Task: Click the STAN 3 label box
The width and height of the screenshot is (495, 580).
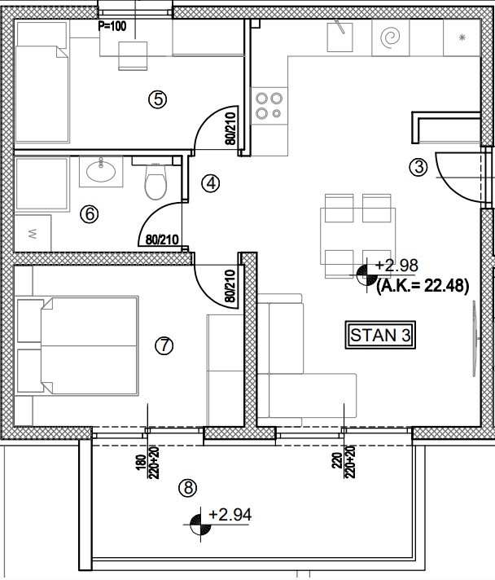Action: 380,335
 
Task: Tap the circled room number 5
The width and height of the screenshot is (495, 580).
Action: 158,99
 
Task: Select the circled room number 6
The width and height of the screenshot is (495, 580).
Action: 90,214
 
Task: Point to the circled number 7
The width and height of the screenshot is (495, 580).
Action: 164,346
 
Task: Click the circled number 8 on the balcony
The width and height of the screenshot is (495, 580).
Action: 188,488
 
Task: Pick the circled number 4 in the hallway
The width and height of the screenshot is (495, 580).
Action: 211,183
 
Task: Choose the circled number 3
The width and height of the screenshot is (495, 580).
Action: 418,167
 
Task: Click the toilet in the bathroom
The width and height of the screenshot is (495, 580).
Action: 156,182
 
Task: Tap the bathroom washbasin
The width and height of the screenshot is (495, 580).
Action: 101,171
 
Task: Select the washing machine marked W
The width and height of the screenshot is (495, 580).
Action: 33,234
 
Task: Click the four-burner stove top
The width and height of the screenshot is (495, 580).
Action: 269,106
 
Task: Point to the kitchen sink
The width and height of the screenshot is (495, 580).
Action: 340,37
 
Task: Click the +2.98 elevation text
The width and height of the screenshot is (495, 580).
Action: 396,266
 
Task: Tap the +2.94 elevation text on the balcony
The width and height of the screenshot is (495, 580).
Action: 230,515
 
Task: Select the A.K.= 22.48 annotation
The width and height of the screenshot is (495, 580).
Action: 423,286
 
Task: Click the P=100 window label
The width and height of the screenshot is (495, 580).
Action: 112,26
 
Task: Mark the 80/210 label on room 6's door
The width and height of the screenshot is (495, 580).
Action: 162,239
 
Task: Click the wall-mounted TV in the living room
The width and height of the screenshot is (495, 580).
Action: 475,338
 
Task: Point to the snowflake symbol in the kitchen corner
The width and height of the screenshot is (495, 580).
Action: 462,37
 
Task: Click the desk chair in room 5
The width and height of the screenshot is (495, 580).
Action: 133,55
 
